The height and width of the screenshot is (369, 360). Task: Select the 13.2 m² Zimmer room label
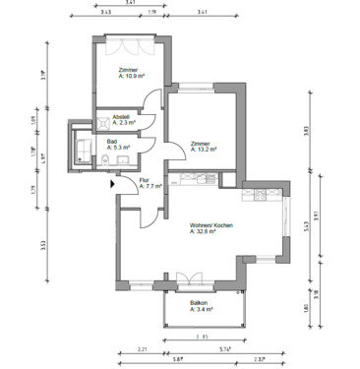(202, 147)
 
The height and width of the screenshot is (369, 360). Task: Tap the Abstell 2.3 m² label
(121, 120)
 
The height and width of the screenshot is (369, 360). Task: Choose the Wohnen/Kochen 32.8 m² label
(210, 230)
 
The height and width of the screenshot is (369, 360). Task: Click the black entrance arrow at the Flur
(115, 180)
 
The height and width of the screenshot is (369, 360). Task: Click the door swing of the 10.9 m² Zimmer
(150, 100)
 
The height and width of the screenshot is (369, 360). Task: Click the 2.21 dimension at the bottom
(143, 349)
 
